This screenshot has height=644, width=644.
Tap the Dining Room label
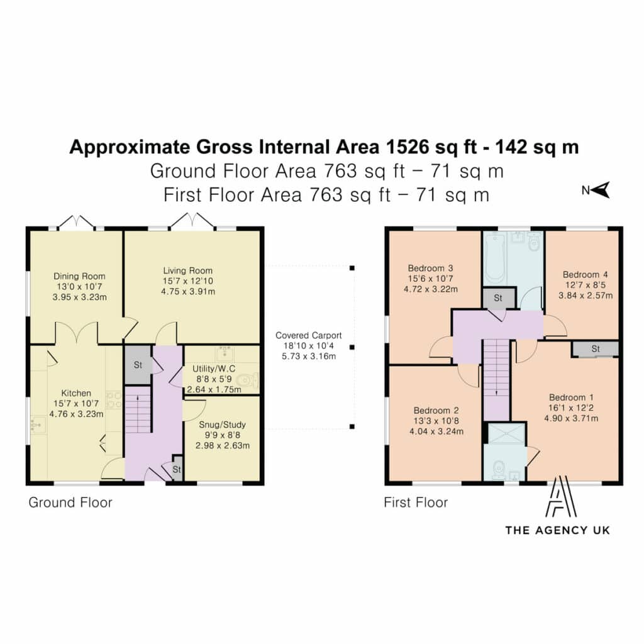click(79, 276)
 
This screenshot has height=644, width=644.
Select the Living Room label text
click(187, 270)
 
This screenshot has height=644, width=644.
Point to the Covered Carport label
click(308, 335)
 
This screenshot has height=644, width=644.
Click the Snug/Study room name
click(222, 425)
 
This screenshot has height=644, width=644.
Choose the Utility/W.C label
click(214, 369)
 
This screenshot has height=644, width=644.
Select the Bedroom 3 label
click(430, 268)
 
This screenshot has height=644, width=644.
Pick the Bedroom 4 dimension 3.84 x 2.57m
click(586, 296)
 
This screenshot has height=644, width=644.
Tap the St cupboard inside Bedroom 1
click(596, 348)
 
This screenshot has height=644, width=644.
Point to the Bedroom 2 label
click(436, 410)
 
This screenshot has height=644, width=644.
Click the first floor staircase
click(496, 380)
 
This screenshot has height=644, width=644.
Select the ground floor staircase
click(138, 409)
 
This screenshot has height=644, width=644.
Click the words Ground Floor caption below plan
click(70, 502)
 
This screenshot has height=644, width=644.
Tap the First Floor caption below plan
click(416, 502)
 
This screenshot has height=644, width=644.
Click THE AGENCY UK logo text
click(557, 530)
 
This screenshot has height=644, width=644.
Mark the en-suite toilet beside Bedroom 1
click(499, 468)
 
